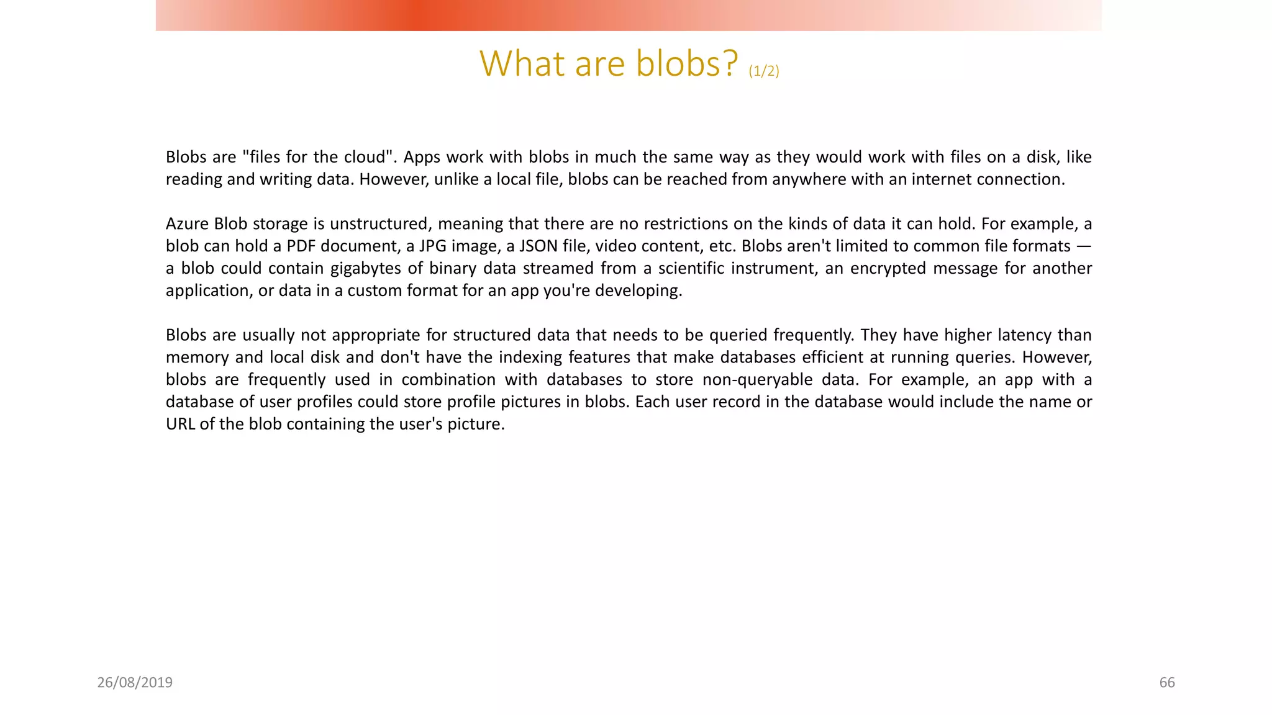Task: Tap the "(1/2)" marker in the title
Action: pos(763,71)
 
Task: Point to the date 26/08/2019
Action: pos(135,683)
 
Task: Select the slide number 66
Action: pos(1167,683)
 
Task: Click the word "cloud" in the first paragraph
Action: pos(365,157)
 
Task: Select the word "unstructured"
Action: pos(380,224)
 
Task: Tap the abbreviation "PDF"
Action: pos(301,246)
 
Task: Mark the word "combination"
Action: pos(448,380)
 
